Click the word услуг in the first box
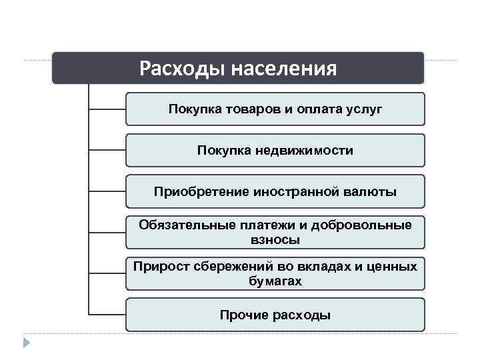tap(364, 109)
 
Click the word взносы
tap(275, 239)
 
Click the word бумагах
tap(275, 281)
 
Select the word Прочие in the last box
tap(245, 315)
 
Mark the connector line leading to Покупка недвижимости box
tap(107, 150)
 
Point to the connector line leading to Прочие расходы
tap(107, 315)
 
